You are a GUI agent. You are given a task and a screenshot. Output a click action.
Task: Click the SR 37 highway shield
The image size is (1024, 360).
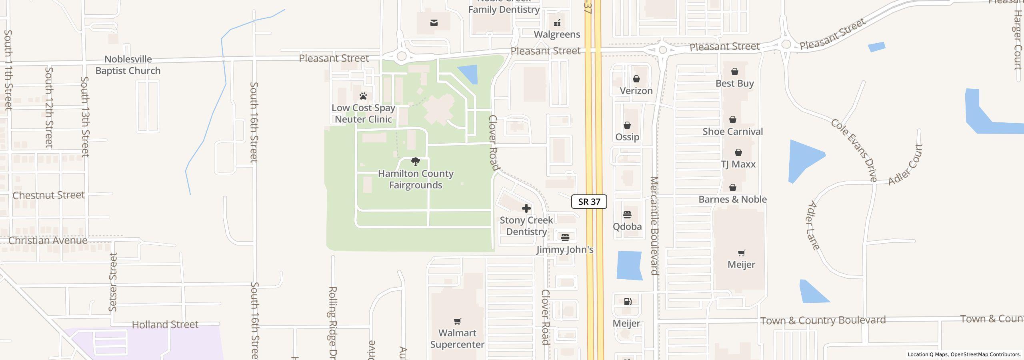589,202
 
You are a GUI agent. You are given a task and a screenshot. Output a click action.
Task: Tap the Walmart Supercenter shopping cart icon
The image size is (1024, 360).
458,321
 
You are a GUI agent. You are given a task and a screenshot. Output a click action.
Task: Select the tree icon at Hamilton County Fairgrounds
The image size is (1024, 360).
416,162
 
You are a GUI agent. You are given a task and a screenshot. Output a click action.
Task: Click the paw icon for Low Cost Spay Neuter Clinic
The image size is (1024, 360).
363,96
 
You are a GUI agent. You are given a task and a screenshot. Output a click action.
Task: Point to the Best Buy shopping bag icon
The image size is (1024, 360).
735,72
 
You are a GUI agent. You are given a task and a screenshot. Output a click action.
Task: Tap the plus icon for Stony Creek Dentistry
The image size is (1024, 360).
526,208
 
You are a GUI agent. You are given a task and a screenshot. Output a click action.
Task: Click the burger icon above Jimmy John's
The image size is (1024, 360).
565,238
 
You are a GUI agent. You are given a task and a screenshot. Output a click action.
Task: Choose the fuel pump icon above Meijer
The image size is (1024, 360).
628,302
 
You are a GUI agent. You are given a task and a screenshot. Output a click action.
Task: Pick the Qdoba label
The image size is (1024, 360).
627,226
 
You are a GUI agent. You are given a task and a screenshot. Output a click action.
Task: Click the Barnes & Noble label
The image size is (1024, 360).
732,199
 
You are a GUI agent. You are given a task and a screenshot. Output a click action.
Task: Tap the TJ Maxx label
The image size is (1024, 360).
738,164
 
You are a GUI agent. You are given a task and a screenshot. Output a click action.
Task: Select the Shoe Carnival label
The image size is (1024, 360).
732,132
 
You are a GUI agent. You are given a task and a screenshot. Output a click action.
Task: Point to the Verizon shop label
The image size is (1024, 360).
636,91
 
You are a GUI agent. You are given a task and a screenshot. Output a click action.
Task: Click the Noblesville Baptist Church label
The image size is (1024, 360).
128,65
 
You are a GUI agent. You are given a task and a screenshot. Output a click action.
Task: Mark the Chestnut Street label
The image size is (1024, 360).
49,195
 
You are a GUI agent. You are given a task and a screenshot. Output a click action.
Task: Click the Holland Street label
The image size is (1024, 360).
165,324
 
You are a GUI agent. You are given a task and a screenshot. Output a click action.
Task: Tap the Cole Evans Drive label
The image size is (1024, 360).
854,150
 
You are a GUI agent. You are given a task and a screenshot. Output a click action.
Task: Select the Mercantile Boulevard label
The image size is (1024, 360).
654,226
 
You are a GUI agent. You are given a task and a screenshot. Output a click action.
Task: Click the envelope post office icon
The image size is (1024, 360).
434,23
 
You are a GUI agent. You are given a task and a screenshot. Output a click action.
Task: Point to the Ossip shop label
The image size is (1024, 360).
627,137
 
